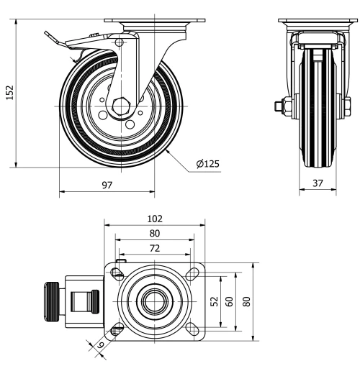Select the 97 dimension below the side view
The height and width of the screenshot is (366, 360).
click(106, 185)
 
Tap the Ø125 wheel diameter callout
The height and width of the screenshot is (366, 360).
click(207, 164)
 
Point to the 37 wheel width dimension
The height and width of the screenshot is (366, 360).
click(317, 183)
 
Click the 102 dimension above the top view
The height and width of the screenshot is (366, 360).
click(154, 219)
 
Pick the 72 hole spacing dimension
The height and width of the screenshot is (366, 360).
click(154, 247)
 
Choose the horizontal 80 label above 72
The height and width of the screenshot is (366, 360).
click(154, 233)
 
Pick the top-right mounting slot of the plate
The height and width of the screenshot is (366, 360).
click(192, 273)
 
